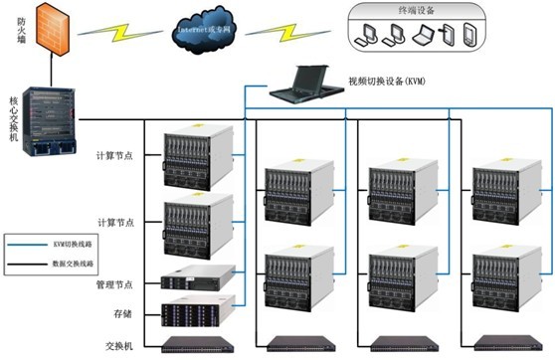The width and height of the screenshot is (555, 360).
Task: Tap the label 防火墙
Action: click(9, 26)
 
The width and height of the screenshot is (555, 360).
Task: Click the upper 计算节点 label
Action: click(115, 156)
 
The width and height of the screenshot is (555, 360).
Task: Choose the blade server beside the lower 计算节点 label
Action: click(198, 226)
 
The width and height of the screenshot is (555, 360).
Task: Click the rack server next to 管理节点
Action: click(198, 278)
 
